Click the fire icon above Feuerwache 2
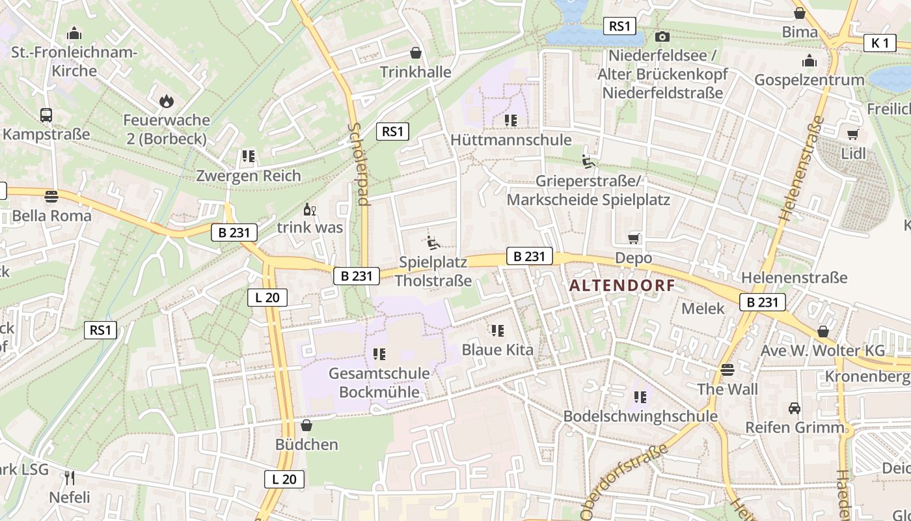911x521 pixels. point(166,101)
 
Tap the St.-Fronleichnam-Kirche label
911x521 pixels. point(74,62)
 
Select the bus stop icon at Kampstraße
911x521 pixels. point(46,115)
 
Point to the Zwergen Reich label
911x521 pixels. point(249,176)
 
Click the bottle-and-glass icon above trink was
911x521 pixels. point(310,210)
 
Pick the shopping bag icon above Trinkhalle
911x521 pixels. point(416,53)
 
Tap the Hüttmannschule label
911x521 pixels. point(511,140)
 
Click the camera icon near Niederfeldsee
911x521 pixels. point(662,36)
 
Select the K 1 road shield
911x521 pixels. point(880,43)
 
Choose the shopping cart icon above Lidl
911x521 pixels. point(853,134)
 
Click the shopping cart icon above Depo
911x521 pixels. point(634,238)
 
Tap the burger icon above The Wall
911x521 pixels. point(727,370)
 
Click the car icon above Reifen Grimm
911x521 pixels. point(795,408)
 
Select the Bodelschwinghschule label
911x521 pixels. point(640,416)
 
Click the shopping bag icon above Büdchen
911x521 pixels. point(306,425)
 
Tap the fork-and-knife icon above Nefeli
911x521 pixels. point(70,478)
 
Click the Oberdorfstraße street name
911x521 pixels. point(623,483)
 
